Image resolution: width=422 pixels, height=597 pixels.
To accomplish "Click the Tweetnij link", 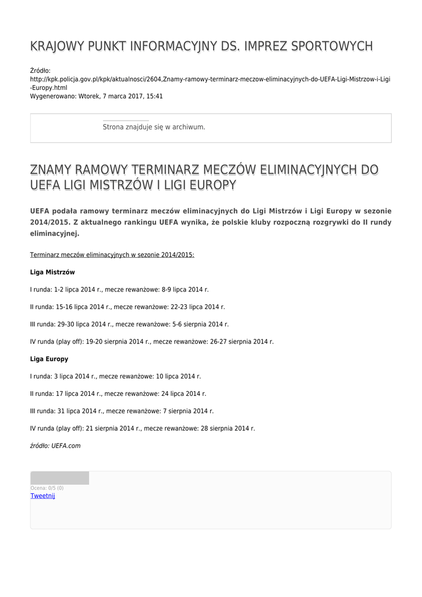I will (42, 496).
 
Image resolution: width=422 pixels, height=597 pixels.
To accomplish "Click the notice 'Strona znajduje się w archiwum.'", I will (154, 127).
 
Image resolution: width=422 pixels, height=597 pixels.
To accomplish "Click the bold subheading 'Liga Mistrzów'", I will (52, 272).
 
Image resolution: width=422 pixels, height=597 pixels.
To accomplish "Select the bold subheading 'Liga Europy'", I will (49, 359).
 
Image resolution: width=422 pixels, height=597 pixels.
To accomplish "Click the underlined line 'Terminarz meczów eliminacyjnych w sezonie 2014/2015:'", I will (112, 255).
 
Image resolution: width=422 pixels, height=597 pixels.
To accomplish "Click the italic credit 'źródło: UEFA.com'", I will (55, 446).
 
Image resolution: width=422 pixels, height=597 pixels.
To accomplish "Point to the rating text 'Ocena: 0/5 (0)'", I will (47, 488).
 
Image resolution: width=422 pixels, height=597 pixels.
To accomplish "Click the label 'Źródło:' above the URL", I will (40, 71).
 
